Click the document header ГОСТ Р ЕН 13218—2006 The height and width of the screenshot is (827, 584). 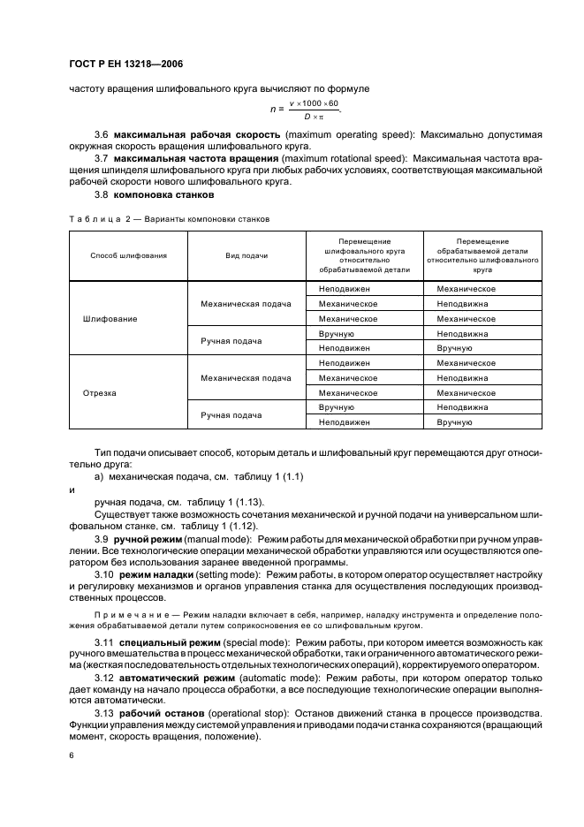[x=126, y=64]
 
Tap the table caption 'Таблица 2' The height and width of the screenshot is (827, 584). [x=94, y=218]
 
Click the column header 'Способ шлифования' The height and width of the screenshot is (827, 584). [x=128, y=254]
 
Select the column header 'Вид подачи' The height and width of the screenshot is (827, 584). [x=246, y=254]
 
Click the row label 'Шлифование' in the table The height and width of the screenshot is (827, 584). [x=110, y=318]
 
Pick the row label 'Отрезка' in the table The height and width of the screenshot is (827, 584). [x=99, y=393]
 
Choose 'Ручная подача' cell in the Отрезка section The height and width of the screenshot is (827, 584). [x=231, y=415]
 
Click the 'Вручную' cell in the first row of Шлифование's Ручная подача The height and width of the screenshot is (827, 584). [x=335, y=333]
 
